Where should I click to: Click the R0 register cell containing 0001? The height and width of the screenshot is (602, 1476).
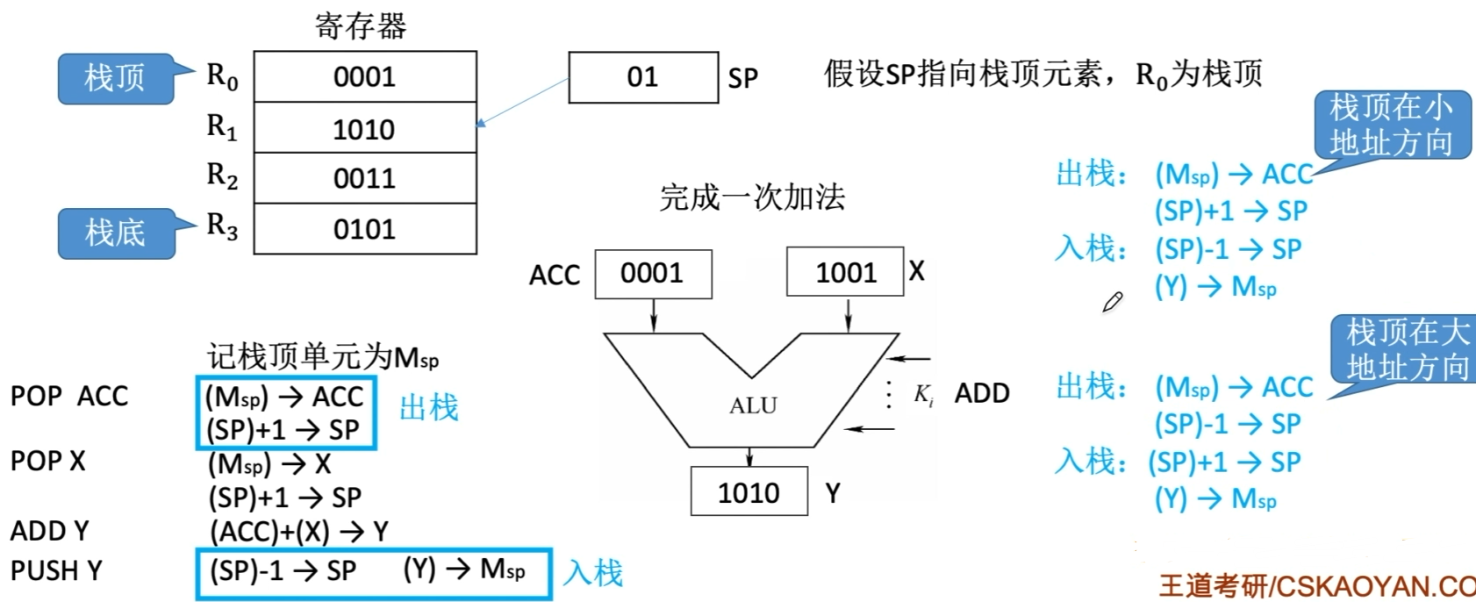click(x=364, y=77)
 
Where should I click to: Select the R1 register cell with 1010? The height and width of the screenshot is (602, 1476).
click(x=364, y=129)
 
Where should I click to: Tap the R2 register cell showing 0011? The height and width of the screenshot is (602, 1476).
click(x=364, y=179)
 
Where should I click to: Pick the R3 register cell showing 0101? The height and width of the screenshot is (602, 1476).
click(x=364, y=230)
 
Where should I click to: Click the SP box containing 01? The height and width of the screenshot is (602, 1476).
click(x=642, y=77)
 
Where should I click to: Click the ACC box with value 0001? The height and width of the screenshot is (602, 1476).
click(x=652, y=274)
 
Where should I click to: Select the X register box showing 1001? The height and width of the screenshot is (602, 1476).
click(x=845, y=273)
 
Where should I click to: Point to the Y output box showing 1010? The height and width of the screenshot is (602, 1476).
click(x=748, y=492)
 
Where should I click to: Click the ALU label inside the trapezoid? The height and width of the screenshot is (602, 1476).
click(x=753, y=405)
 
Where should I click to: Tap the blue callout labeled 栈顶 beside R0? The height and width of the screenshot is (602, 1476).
click(x=115, y=78)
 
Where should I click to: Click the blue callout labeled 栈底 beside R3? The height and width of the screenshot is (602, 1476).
click(x=115, y=233)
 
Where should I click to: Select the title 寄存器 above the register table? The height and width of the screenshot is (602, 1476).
click(x=361, y=26)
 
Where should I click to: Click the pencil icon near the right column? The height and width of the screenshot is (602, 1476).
click(x=1113, y=303)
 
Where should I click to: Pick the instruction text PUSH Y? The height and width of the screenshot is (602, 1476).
click(x=56, y=571)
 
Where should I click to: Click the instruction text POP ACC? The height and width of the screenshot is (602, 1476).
click(x=69, y=397)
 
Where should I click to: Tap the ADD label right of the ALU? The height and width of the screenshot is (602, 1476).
click(x=982, y=393)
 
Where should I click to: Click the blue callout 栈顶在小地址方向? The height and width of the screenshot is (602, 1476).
click(x=1391, y=125)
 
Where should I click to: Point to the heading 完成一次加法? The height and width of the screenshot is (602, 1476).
click(x=752, y=197)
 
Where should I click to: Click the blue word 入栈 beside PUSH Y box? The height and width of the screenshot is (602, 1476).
click(x=593, y=573)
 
